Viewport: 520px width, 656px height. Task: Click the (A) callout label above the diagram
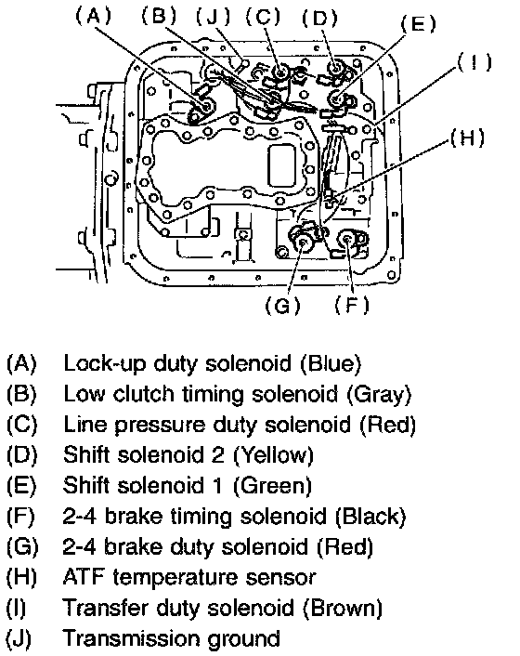(94, 17)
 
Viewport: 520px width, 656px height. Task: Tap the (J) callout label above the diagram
(214, 17)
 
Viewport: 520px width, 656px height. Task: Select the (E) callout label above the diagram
(419, 24)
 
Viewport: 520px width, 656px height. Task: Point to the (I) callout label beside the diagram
(475, 62)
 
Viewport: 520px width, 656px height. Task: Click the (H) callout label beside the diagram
(468, 138)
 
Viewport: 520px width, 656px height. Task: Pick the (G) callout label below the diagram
(283, 306)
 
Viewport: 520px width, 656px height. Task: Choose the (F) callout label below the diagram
(352, 305)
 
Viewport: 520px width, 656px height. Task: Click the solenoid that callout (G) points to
(303, 241)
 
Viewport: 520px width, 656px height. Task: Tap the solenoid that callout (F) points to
(348, 240)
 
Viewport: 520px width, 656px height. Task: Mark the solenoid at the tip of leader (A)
(205, 105)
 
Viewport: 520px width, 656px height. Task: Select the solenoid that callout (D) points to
(335, 68)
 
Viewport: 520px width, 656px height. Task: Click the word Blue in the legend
(331, 363)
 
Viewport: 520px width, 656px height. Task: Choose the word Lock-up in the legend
(104, 363)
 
